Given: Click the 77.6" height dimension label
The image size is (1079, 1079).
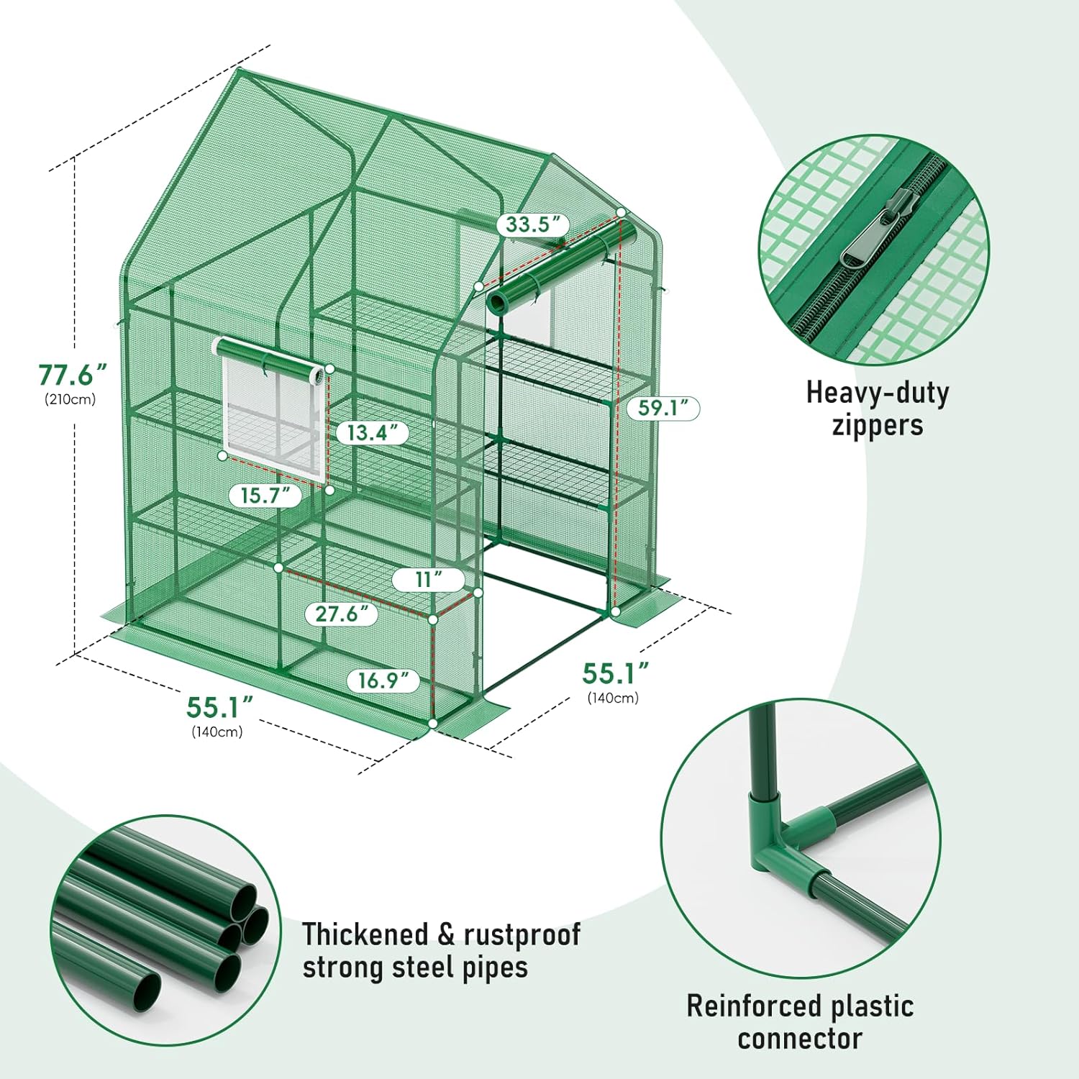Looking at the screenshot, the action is (x=72, y=375).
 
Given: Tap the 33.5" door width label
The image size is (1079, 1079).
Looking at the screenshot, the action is (x=528, y=224).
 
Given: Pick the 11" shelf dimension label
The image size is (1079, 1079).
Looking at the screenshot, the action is (x=428, y=579).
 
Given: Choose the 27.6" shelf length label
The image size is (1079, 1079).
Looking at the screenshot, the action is (x=337, y=614).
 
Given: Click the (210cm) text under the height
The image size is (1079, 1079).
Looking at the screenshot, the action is (x=70, y=399).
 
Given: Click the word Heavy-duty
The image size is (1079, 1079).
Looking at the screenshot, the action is (x=878, y=393).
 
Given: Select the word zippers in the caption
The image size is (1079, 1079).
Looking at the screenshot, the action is (x=878, y=424).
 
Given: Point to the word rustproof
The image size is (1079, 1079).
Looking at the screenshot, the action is (x=522, y=934).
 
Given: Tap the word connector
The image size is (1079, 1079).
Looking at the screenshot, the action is (x=800, y=1039).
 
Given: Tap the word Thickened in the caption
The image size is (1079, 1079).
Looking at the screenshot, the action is (x=365, y=934).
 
